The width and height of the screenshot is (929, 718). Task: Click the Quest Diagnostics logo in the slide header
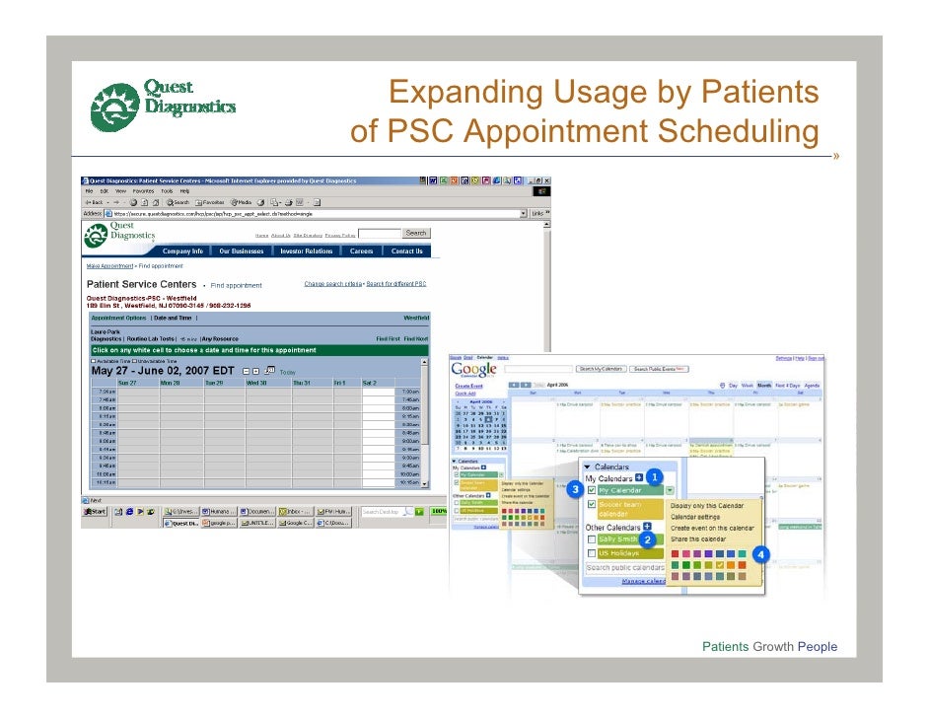click(x=162, y=106)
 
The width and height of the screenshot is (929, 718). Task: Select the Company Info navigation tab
click(x=182, y=251)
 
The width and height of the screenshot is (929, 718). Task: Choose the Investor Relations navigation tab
click(x=307, y=251)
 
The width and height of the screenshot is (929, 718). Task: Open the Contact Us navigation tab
click(x=406, y=251)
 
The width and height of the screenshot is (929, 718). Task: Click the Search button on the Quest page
click(x=416, y=233)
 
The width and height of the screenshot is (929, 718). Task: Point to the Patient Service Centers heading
click(x=142, y=285)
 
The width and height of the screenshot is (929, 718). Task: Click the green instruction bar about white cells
click(x=258, y=350)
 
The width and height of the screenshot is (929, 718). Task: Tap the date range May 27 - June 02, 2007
click(x=163, y=371)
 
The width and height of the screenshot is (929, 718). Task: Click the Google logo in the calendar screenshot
click(x=474, y=370)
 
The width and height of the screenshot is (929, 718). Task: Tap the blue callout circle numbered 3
click(x=573, y=489)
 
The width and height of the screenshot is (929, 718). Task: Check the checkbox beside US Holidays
click(x=591, y=553)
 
